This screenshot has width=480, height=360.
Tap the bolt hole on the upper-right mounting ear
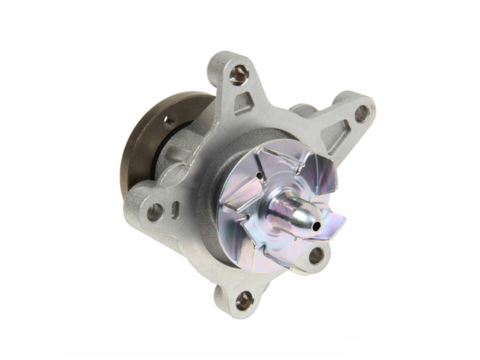361,113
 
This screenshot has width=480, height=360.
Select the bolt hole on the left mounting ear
154,212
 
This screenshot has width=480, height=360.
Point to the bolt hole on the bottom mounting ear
244,300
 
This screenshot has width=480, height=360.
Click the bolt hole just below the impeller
316,255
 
